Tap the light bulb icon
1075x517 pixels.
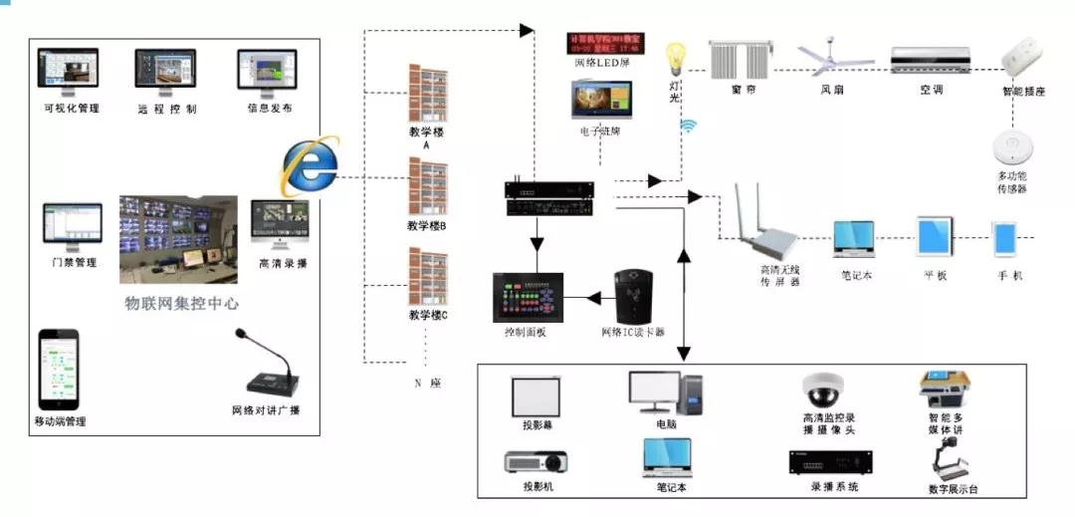pos(678,60)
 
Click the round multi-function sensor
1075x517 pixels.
pos(1012,148)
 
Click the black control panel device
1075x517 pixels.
pos(528,297)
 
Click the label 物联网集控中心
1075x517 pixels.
pos(181,303)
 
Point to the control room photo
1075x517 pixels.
pos(178,238)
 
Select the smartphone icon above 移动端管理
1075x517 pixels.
pos(59,368)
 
